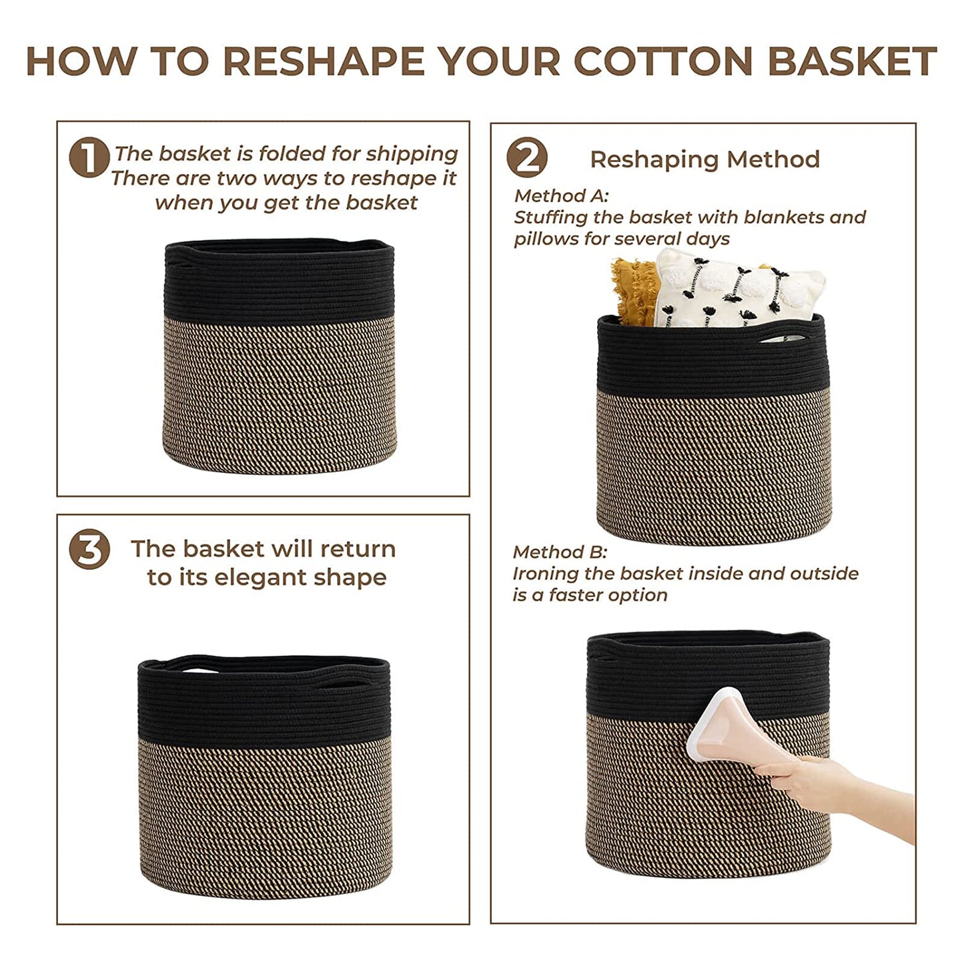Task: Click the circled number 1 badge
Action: [89, 157]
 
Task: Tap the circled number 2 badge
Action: [527, 157]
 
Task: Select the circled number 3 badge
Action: [89, 549]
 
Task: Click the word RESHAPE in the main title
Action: [324, 61]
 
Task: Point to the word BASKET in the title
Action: [851, 61]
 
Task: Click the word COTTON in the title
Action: [668, 61]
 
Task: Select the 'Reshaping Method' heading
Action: [705, 159]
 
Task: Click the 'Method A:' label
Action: [561, 195]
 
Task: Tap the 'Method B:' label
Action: [560, 552]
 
